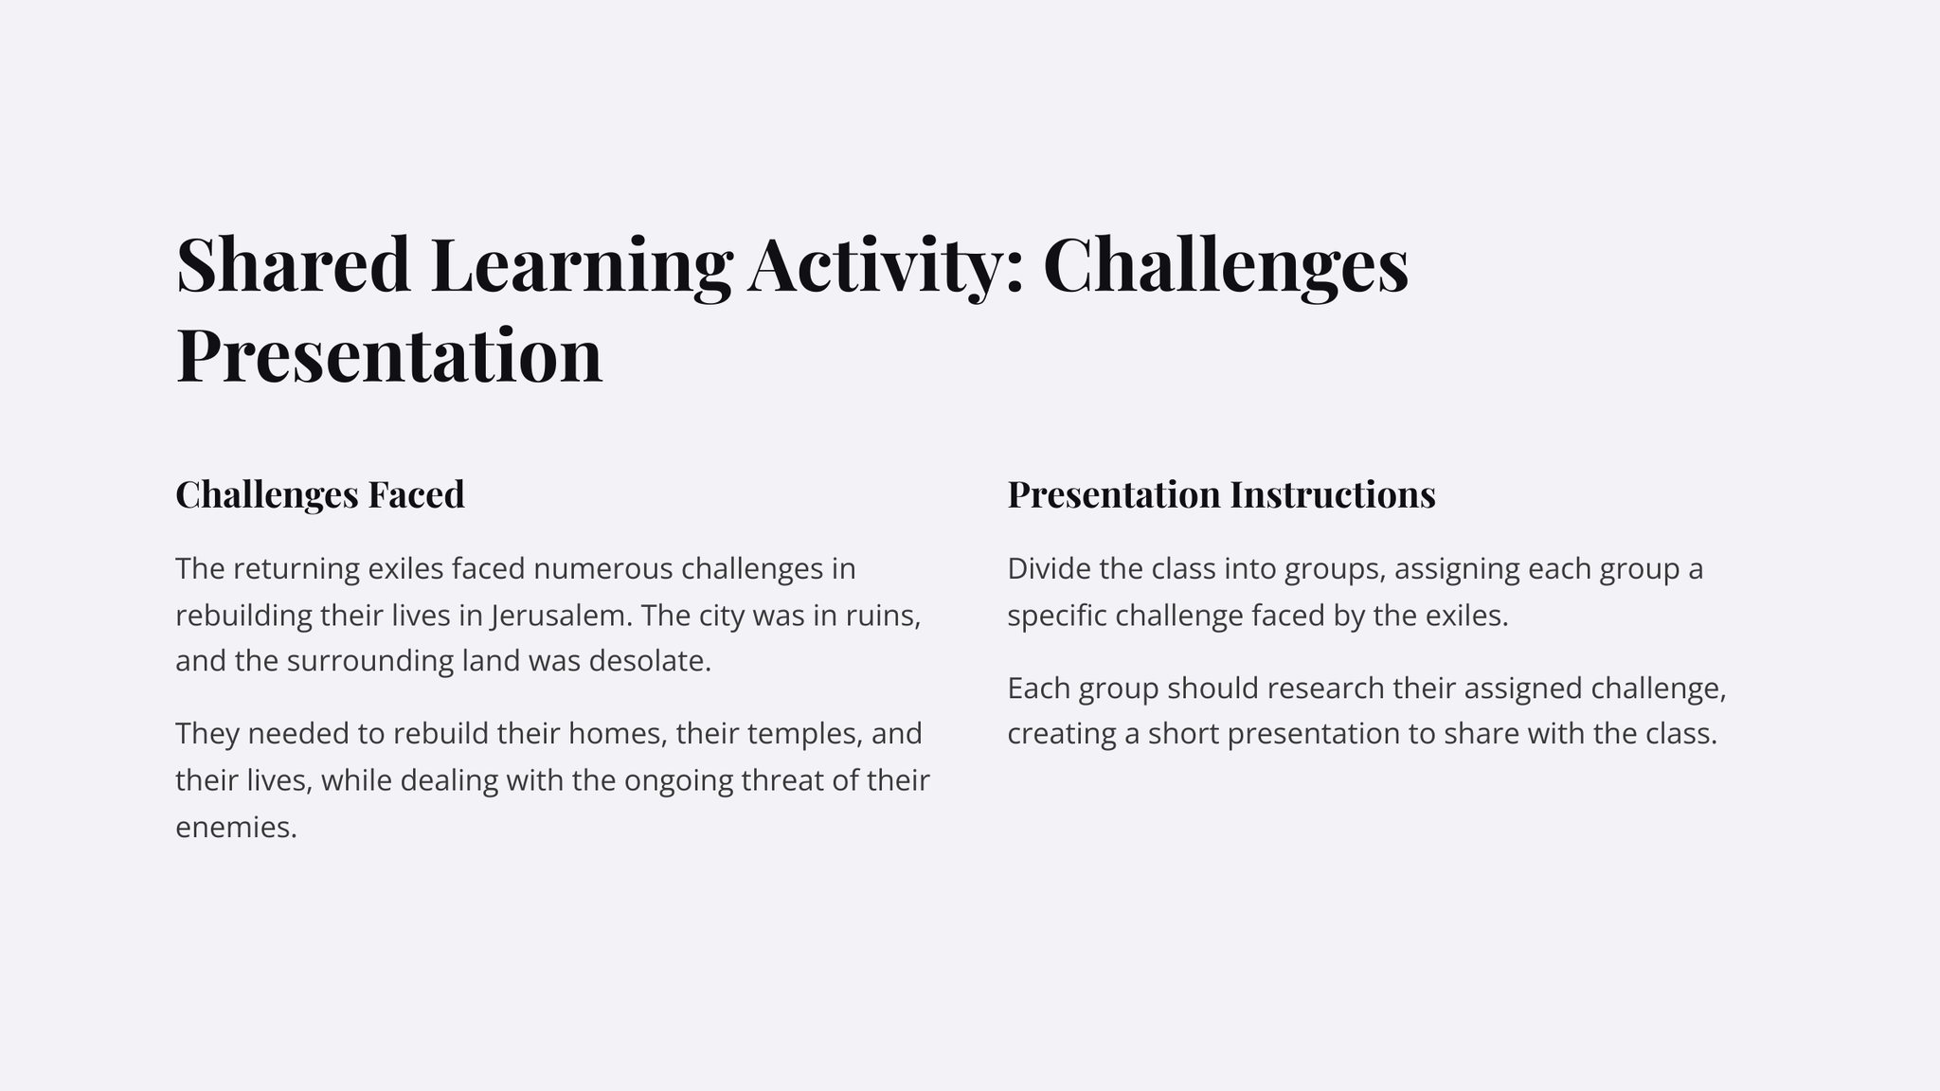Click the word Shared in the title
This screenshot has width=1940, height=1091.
click(294, 265)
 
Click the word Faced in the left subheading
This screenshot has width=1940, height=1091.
click(416, 494)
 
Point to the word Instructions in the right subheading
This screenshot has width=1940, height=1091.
click(1333, 494)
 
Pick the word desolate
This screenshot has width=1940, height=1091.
click(650, 661)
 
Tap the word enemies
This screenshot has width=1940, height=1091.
click(237, 828)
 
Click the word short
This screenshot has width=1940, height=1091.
click(1183, 734)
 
